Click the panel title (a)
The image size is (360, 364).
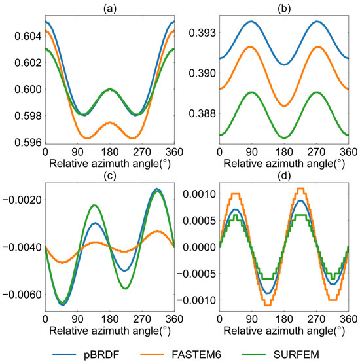pyautogui.click(x=109, y=7)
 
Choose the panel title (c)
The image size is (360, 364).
pyautogui.click(x=109, y=173)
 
